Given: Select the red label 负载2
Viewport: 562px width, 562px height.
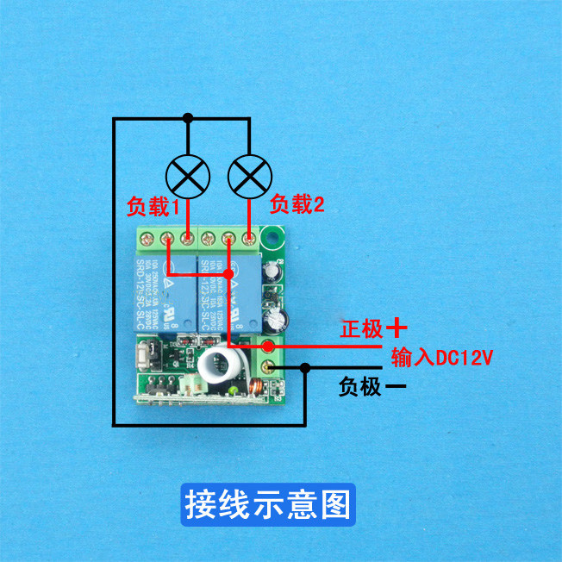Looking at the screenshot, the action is pos(297,205).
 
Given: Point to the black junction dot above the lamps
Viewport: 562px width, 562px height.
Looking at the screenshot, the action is pos(187,117).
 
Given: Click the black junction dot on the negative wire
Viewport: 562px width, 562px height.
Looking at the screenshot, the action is pos(305,369).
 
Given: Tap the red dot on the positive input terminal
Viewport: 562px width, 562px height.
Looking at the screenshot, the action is pos(268,347).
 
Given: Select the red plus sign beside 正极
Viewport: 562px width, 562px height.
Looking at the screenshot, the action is pos(396,328).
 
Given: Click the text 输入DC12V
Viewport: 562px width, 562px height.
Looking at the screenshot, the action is pos(441,357).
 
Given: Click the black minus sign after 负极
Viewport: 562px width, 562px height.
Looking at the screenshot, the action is pos(396,387).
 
